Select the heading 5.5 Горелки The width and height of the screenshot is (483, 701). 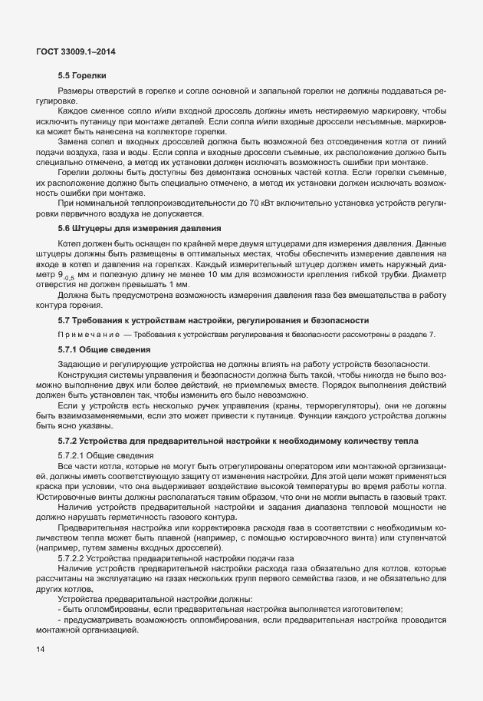pos(82,75)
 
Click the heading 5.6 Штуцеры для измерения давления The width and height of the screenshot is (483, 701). pos(140,228)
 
